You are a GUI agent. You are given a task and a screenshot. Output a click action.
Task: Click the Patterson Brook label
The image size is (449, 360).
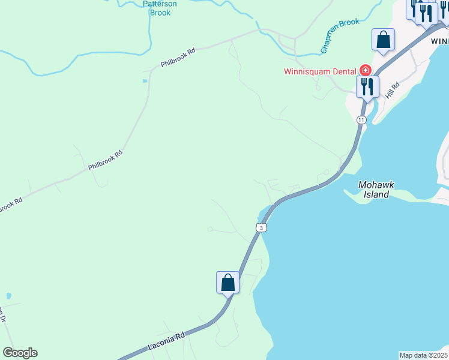pos(160,8)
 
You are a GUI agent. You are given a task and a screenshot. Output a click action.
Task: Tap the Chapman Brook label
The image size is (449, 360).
pos(340,36)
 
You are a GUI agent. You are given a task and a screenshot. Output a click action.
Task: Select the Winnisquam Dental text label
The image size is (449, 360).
pos(320,71)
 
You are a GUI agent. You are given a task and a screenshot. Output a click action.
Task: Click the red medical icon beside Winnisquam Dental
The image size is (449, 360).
pos(364,70)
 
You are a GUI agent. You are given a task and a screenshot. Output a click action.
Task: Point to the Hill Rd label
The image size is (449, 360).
pos(393,92)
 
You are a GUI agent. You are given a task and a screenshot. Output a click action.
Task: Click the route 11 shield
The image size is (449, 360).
pos(361,120)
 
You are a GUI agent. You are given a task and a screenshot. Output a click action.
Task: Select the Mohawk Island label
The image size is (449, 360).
pos(376,190)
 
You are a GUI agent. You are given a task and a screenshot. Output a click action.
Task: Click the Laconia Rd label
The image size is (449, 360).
pos(164,343)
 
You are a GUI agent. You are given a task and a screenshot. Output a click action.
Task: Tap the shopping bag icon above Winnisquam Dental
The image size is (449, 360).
pos(383,40)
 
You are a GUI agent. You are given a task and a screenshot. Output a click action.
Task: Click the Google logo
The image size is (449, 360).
pos(20,353)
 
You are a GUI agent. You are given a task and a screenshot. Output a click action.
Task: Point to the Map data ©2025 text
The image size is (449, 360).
pos(423,355)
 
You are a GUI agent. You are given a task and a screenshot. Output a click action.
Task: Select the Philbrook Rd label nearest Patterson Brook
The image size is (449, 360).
pos(178,59)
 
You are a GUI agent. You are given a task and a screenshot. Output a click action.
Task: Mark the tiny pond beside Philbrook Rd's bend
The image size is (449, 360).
pos(145,80)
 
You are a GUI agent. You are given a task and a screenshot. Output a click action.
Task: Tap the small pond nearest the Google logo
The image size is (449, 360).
pos(8,296)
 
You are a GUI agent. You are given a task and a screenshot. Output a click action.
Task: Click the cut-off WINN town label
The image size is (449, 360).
pos(439,41)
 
